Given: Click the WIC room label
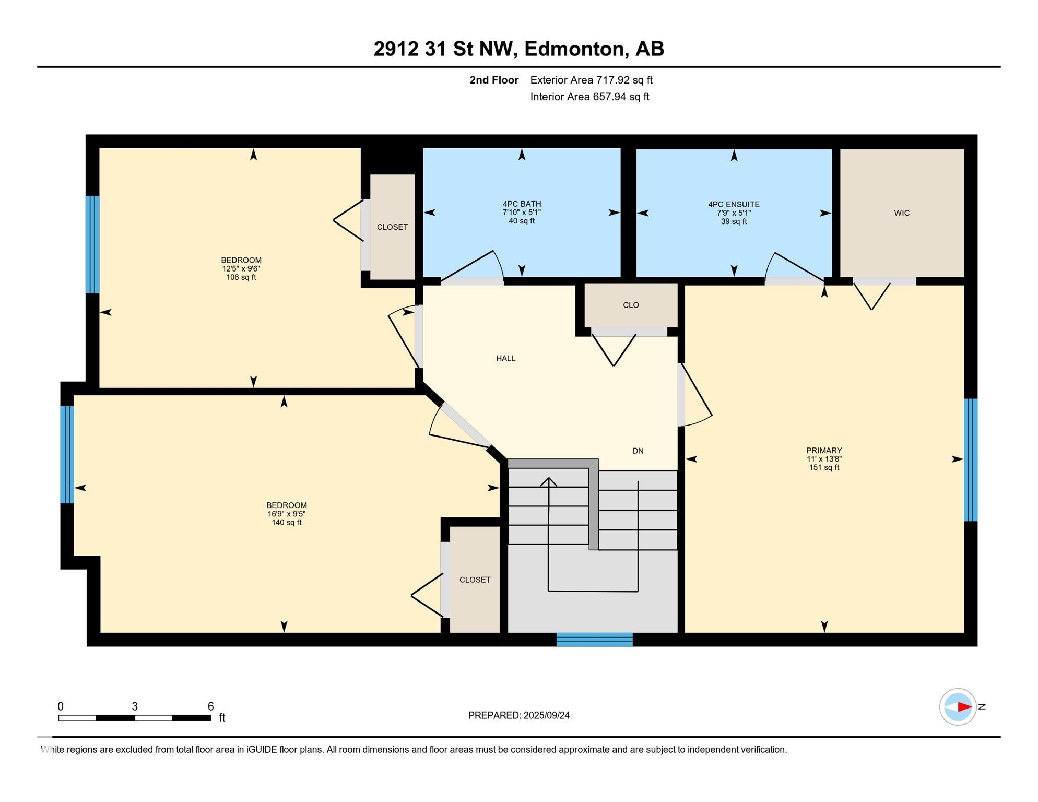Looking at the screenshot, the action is click(902, 213).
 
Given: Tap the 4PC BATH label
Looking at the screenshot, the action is click(522, 204).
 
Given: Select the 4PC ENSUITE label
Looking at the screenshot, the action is click(734, 205).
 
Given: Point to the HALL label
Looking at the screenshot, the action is click(505, 359).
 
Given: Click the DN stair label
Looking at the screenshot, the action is click(638, 451).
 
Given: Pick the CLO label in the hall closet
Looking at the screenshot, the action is click(631, 305).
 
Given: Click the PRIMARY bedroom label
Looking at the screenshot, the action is click(824, 451).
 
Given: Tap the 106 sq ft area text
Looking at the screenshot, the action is click(241, 277).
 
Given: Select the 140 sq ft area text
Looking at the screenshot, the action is click(286, 523).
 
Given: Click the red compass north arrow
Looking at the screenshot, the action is click(964, 707).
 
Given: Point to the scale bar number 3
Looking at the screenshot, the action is click(135, 706).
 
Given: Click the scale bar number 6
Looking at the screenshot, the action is click(210, 706).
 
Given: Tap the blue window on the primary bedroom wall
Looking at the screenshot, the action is click(970, 460).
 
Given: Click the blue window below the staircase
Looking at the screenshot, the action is click(595, 640).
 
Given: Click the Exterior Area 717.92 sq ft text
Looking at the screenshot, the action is click(592, 80).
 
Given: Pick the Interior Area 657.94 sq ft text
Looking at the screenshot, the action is click(590, 97).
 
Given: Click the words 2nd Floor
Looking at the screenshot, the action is click(494, 80).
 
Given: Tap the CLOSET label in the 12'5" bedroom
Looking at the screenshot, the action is click(392, 227).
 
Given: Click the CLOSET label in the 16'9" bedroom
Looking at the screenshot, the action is click(475, 580).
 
